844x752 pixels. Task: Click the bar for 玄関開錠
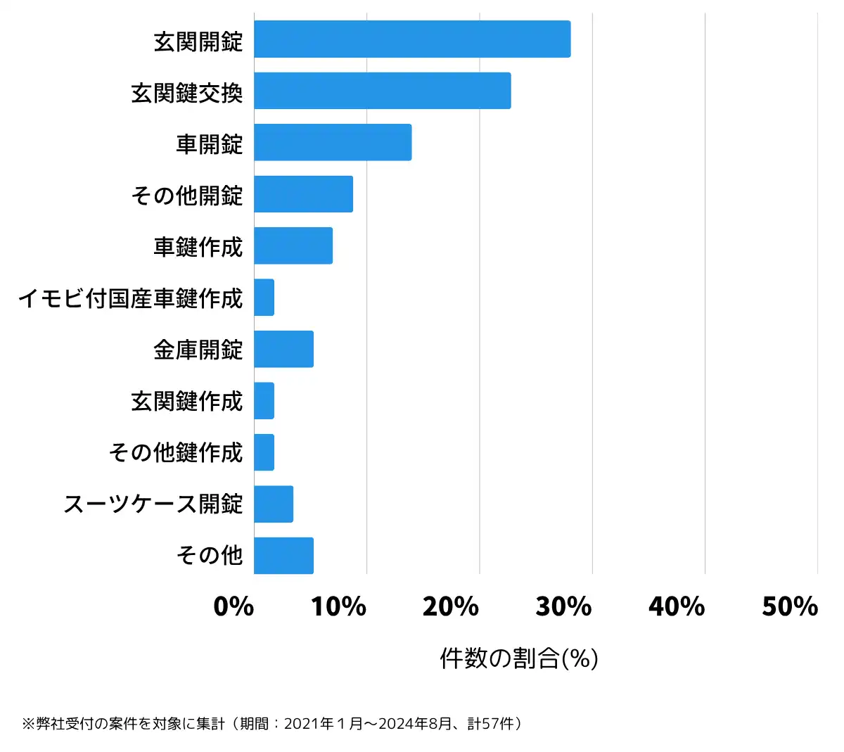point(412,39)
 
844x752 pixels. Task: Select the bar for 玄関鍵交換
point(382,91)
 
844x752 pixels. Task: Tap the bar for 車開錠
point(333,142)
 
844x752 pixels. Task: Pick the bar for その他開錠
point(303,194)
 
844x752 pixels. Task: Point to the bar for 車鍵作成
point(293,246)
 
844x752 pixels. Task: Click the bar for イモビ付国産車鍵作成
point(264,298)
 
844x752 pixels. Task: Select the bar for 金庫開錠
point(283,349)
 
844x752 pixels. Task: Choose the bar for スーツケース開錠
point(274,504)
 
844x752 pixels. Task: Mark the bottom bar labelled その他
point(283,556)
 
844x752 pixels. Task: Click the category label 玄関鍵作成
point(186,401)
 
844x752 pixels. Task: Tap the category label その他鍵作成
point(175,452)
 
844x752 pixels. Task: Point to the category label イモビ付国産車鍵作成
point(130,298)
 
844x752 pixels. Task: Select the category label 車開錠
point(209,144)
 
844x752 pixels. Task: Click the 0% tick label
point(234,606)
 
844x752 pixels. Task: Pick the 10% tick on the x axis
point(339,606)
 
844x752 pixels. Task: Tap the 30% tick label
point(564,606)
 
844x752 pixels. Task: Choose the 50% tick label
point(790,606)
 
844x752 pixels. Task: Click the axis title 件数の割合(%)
point(519,658)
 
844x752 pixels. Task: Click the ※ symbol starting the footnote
point(28,724)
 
